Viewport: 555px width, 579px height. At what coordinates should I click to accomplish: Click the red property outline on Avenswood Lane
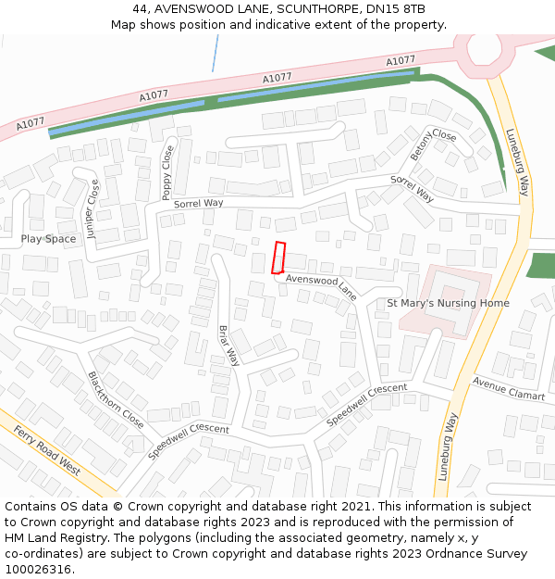click(278, 258)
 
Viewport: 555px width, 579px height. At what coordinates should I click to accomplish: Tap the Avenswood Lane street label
click(321, 287)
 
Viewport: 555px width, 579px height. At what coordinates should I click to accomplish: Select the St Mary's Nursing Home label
click(448, 303)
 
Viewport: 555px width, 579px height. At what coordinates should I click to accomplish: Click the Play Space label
click(48, 239)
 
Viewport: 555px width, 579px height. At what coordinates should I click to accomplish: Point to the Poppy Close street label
click(167, 173)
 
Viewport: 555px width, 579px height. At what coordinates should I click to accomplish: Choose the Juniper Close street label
click(92, 209)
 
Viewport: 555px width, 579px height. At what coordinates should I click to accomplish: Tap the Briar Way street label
click(228, 345)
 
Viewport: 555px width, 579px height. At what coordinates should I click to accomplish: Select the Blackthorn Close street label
click(116, 399)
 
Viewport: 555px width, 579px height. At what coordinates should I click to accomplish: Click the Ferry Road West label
click(46, 452)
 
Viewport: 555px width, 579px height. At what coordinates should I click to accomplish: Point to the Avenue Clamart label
click(509, 388)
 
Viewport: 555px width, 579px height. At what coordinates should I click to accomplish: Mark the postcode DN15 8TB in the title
click(401, 9)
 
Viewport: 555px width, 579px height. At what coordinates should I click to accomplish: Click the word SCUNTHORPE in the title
click(302, 9)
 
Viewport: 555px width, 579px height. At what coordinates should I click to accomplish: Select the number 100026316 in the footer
click(38, 570)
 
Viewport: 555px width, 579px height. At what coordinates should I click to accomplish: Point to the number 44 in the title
click(140, 9)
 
